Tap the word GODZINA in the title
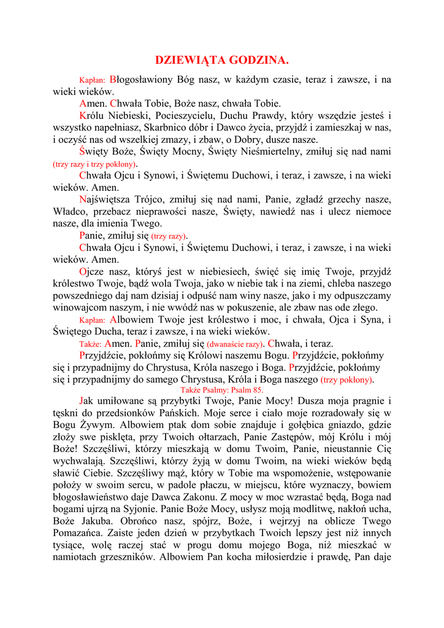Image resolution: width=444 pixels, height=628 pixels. tap(258, 60)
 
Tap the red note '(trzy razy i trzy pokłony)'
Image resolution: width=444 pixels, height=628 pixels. tap(95, 164)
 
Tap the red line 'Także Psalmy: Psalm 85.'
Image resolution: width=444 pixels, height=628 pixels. tap(221, 389)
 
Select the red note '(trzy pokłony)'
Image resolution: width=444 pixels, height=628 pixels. tap(346, 380)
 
